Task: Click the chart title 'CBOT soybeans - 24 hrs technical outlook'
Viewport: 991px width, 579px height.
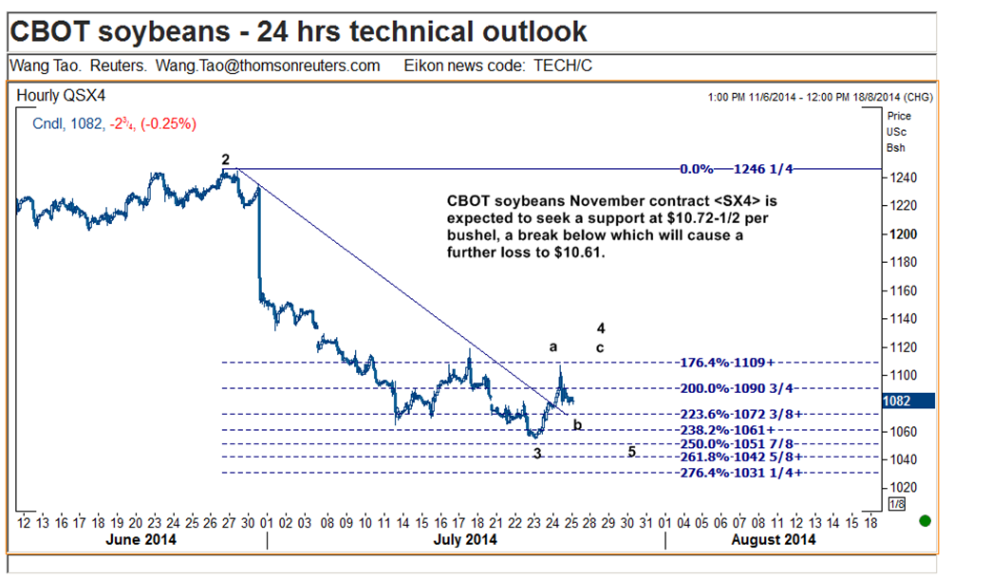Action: pos(298,31)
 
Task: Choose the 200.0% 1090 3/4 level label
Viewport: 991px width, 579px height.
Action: pos(738,388)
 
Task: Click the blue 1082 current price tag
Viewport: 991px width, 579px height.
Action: pos(897,402)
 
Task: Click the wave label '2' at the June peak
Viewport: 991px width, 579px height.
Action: pos(226,159)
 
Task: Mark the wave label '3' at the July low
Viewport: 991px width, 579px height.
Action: pos(537,454)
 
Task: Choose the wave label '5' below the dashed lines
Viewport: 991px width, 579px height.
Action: pos(631,451)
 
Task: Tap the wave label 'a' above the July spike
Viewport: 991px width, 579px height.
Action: pos(553,347)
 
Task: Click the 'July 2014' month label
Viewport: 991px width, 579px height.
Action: pos(465,540)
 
